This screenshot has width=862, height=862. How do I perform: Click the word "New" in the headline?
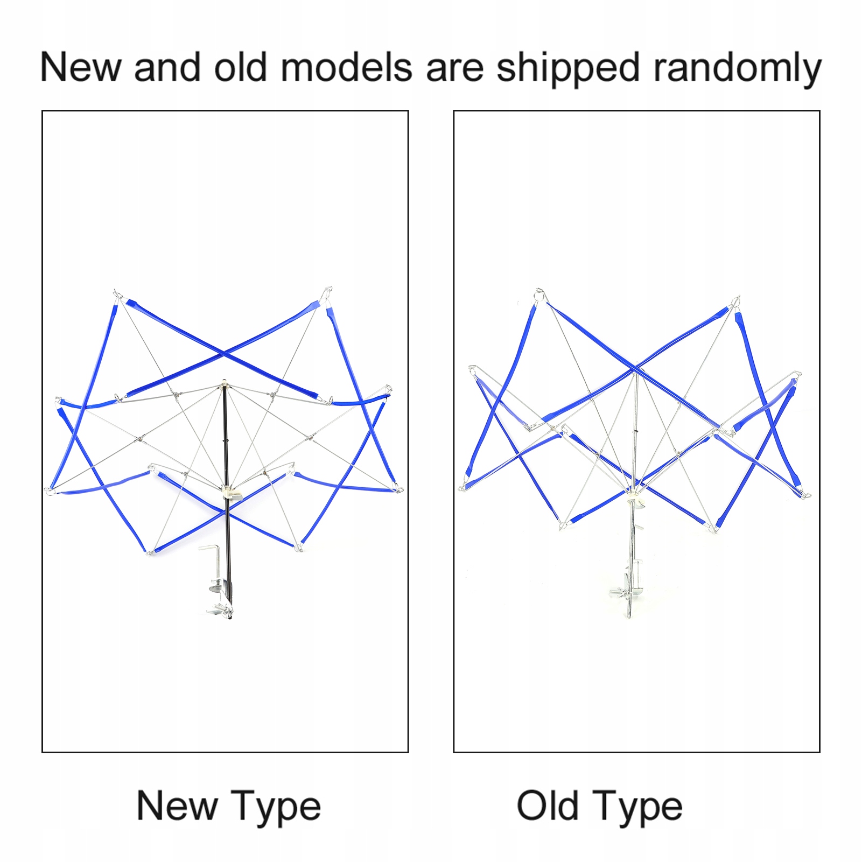(x=80, y=67)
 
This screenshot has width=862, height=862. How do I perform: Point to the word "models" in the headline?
(x=346, y=67)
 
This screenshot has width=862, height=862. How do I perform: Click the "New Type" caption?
(x=229, y=806)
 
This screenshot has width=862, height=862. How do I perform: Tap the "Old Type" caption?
(x=599, y=806)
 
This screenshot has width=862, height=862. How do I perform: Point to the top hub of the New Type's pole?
(x=225, y=384)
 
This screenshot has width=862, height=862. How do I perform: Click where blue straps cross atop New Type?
(x=224, y=354)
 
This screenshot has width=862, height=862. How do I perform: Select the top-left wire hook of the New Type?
(x=116, y=294)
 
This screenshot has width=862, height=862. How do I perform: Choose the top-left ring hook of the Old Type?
(x=539, y=295)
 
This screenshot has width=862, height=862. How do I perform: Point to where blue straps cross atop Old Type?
(x=635, y=369)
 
